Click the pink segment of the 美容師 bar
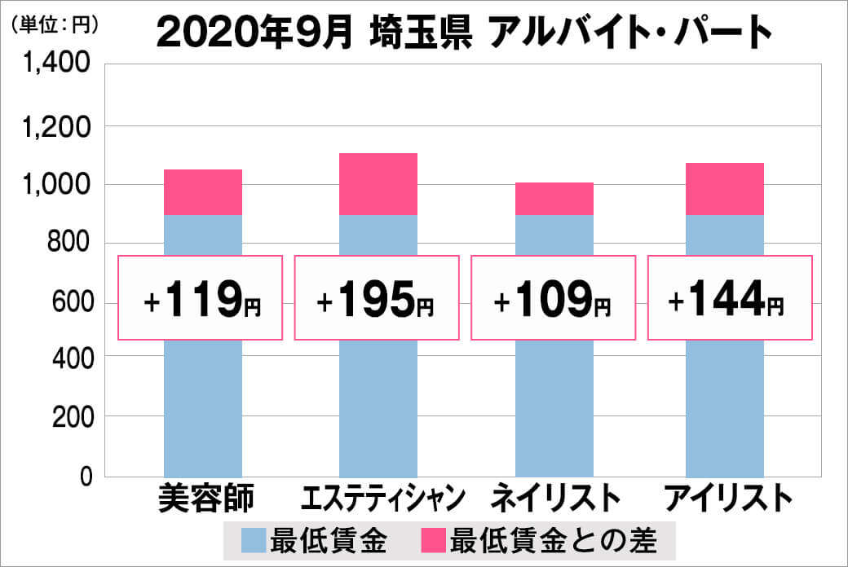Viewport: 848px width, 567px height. tap(203, 192)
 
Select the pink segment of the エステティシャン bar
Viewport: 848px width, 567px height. tap(378, 184)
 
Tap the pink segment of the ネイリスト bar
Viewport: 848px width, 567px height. tap(554, 199)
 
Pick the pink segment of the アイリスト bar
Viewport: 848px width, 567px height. tap(724, 189)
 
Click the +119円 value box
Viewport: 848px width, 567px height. tap(201, 297)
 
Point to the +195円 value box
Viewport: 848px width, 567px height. tap(376, 297)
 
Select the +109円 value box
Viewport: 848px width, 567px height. tap(553, 297)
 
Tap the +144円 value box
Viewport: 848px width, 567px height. tap(730, 297)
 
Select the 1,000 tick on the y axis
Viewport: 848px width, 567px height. tap(60, 185)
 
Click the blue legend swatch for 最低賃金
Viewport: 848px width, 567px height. tap(254, 540)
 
